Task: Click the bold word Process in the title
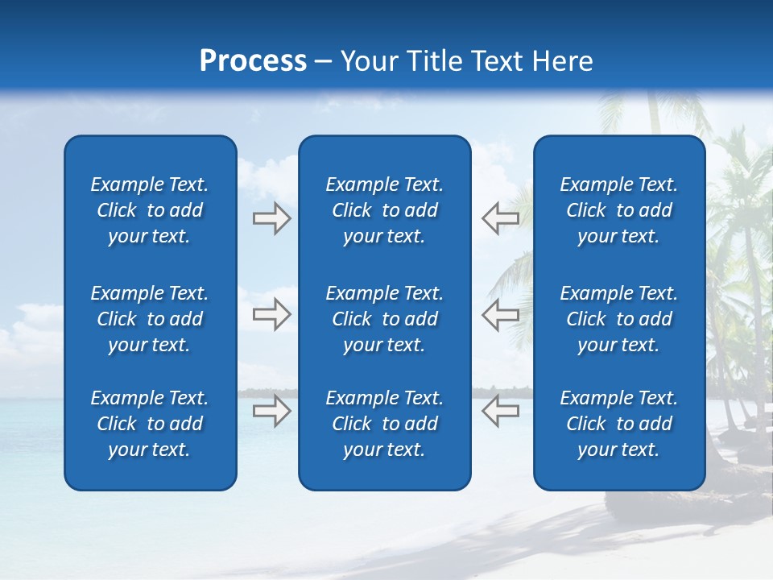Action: click(253, 61)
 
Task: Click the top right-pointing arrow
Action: click(271, 218)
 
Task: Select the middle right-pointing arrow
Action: click(271, 314)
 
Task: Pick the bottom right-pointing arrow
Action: click(271, 410)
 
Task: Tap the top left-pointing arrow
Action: click(500, 218)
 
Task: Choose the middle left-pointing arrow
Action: click(500, 314)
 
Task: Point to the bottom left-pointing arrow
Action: click(500, 410)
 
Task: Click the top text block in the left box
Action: click(150, 210)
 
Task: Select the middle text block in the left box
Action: click(150, 319)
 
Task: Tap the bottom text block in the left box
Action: click(150, 424)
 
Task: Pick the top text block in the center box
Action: click(385, 210)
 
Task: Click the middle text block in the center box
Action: click(385, 319)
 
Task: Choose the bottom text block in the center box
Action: click(385, 424)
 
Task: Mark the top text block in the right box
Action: click(619, 210)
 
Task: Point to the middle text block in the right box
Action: click(619, 319)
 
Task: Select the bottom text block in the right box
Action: click(619, 424)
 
